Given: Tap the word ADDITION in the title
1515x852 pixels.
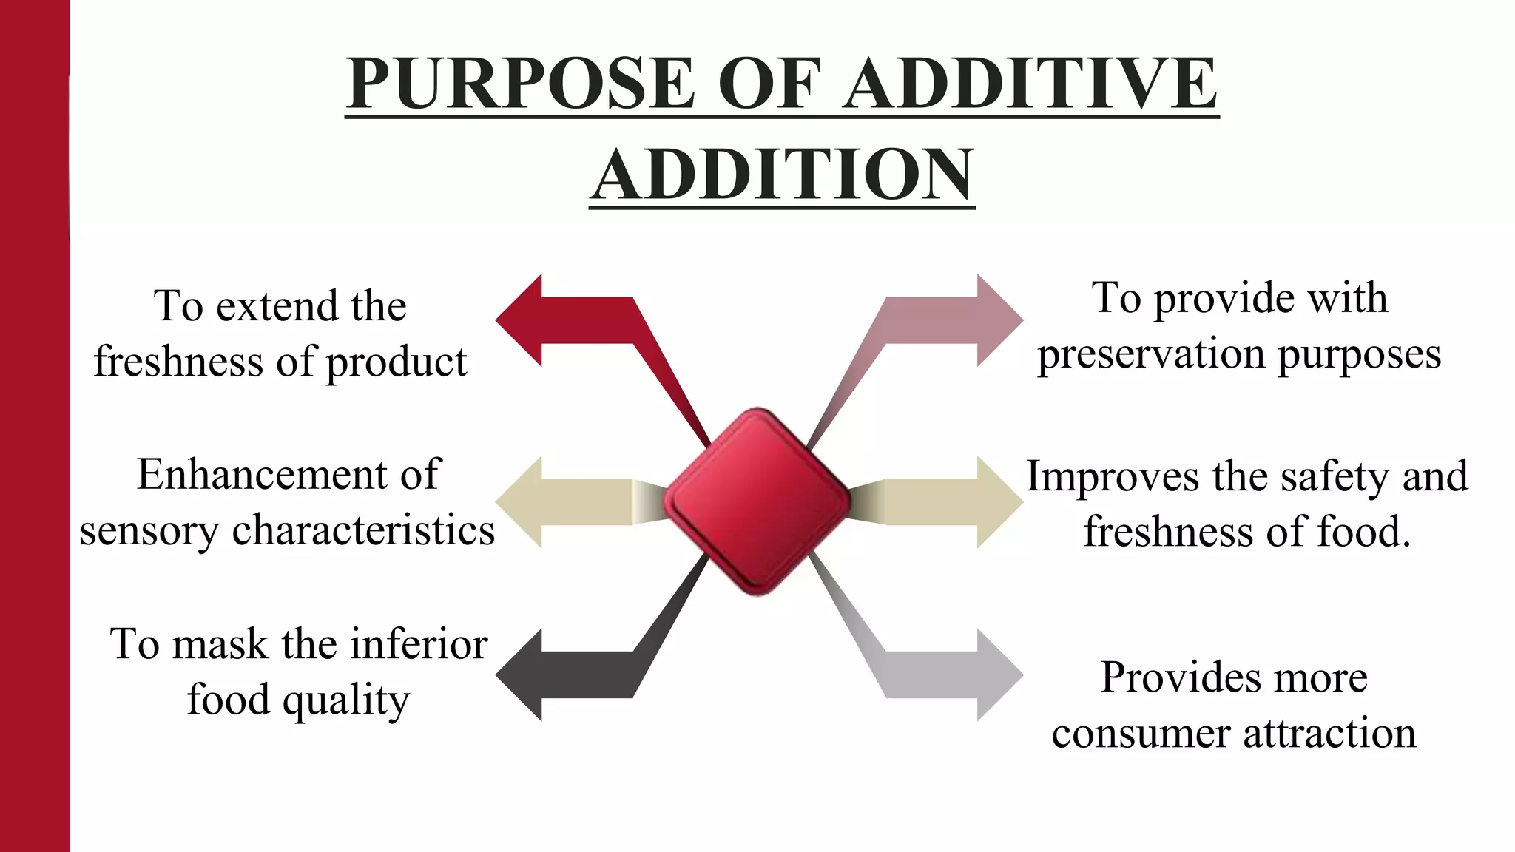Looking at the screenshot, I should (782, 175).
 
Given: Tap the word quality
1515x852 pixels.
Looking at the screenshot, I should (345, 700).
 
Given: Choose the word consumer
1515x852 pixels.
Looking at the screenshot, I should (1141, 734).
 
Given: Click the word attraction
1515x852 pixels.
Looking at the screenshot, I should (1329, 734).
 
